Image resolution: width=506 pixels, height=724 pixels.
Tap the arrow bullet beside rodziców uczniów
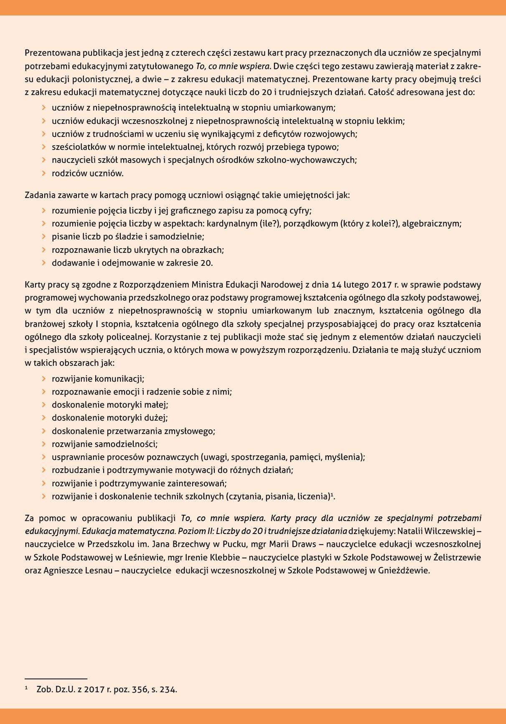pyautogui.click(x=44, y=173)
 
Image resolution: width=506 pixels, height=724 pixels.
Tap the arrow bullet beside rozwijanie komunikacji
pyautogui.click(x=44, y=379)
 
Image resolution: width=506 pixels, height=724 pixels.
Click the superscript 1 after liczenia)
pyautogui.click(x=332, y=495)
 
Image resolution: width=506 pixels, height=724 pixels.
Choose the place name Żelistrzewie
pyautogui.click(x=457, y=558)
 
